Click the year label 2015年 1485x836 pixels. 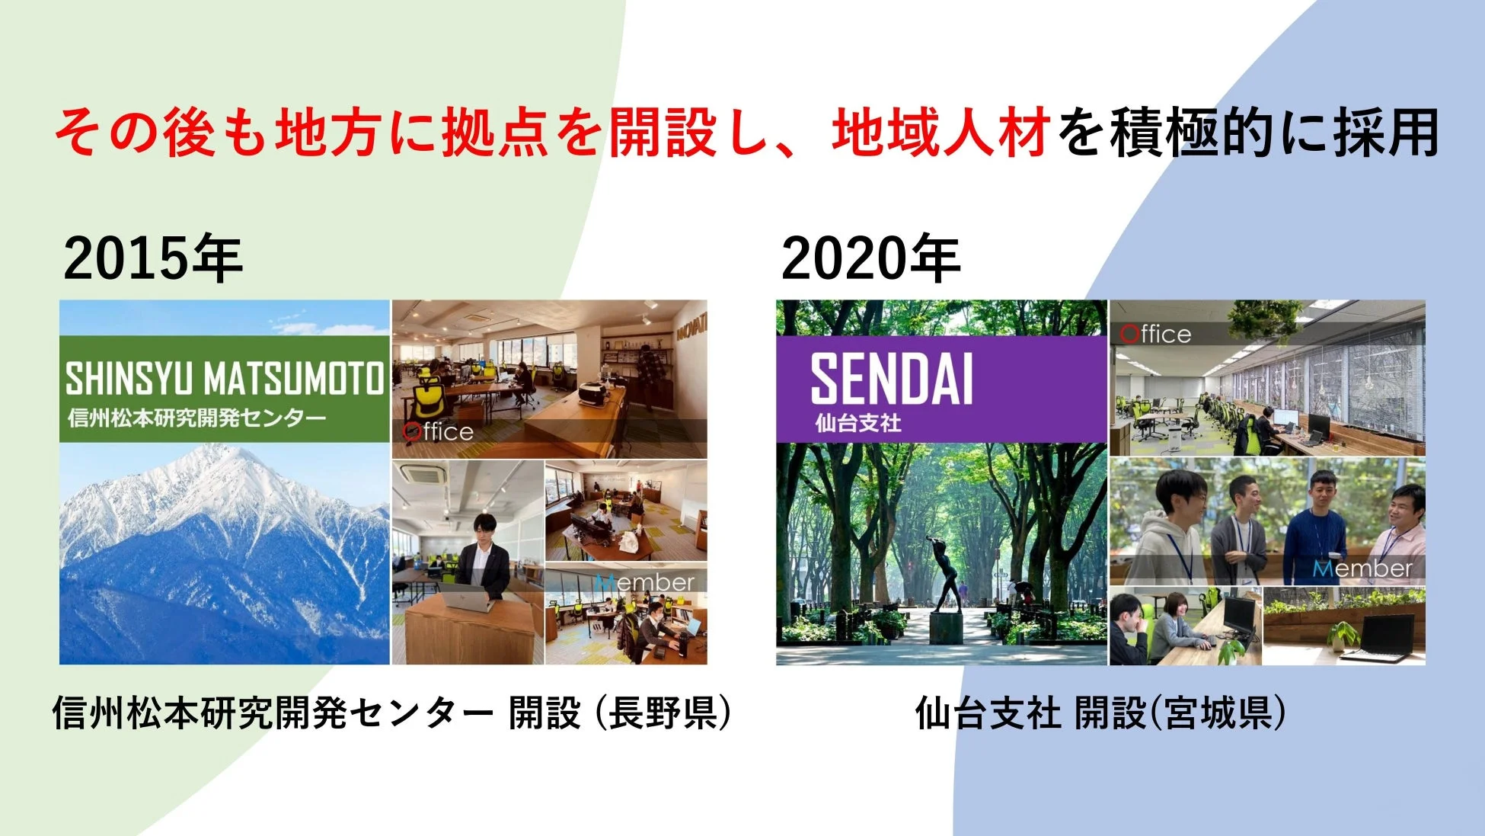[x=153, y=258]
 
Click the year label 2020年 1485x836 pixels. [x=870, y=258]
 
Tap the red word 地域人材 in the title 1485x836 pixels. [x=940, y=133]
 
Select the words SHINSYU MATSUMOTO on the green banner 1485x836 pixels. [x=224, y=379]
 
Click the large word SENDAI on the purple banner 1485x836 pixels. [x=891, y=380]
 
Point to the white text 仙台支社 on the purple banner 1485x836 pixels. [x=857, y=423]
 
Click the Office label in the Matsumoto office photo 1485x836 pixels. [x=439, y=432]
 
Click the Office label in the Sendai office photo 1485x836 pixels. [x=1155, y=334]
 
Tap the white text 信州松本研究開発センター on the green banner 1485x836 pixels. [x=196, y=418]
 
